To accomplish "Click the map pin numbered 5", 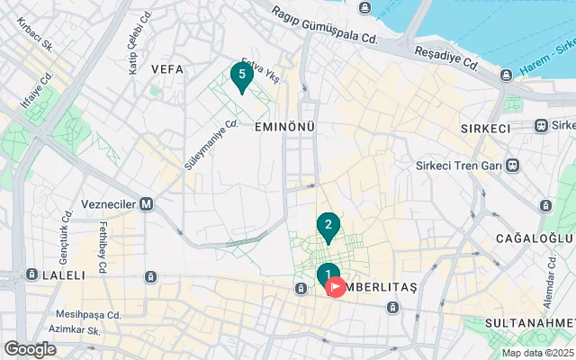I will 240,76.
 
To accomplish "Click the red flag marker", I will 336,288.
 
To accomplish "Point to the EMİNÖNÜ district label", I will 284,127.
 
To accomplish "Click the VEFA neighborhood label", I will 167,68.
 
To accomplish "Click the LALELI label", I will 62,274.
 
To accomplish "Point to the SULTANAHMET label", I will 530,322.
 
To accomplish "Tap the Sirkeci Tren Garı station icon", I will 512,166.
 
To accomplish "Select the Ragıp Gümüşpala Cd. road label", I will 325,24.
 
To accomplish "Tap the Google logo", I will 30,349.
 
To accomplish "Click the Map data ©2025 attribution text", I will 536,353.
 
